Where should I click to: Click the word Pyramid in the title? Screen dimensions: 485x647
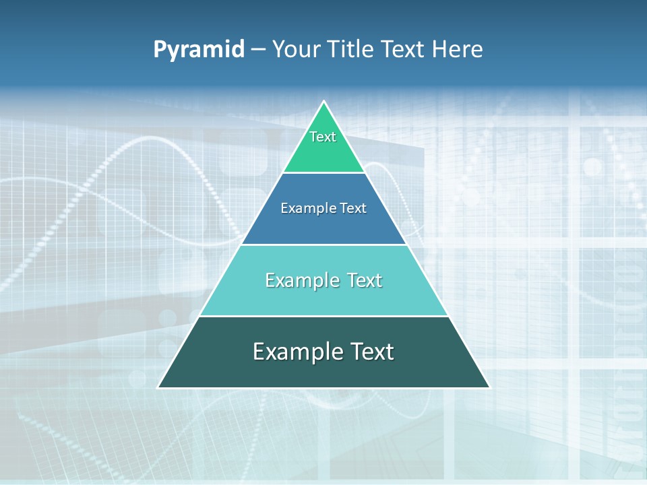point(199,50)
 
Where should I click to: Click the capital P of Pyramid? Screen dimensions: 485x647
point(160,49)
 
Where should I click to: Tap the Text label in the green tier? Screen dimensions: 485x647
point(323,137)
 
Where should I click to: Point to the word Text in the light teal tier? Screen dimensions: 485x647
point(365,280)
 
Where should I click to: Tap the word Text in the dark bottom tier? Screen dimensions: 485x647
point(371,352)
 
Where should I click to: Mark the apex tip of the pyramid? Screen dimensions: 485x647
point(324,102)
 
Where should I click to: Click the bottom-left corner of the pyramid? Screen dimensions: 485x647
point(159,387)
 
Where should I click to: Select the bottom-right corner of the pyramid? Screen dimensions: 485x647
point(489,387)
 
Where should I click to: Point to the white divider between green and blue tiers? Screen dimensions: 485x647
point(324,172)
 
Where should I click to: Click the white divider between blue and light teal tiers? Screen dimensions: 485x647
point(324,245)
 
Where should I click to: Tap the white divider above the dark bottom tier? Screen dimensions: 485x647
point(324,316)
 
